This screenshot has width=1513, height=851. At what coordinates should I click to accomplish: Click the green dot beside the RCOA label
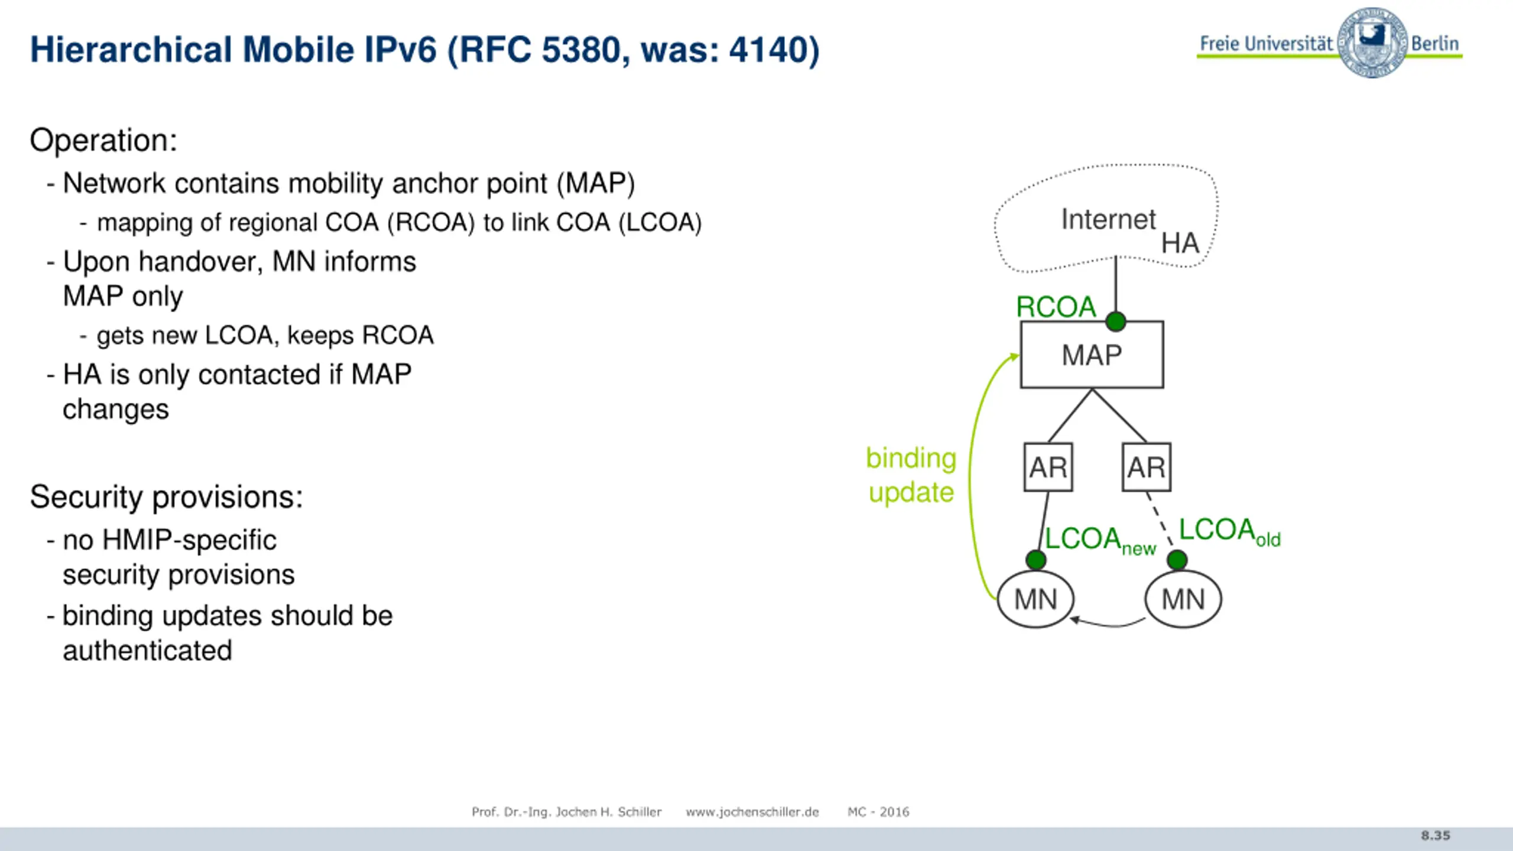coord(1116,321)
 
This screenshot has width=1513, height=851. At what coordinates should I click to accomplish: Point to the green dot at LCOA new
coord(1035,560)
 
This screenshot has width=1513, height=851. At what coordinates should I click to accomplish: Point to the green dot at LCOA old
coord(1177,560)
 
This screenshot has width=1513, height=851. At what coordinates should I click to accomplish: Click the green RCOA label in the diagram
coord(1056,307)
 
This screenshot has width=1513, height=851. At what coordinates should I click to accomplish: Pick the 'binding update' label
coord(911,475)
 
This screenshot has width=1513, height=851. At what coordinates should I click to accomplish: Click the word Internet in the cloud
coord(1108,219)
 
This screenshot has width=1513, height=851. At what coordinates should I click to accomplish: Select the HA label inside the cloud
coord(1180,243)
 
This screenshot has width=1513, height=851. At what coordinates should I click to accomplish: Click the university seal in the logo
coord(1372,43)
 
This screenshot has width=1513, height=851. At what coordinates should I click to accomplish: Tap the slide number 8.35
coord(1436,836)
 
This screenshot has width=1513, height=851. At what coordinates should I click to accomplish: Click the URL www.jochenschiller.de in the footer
coord(752,812)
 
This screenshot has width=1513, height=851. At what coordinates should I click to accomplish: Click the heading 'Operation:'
coord(103,141)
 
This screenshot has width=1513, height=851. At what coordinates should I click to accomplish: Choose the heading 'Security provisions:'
coord(166,496)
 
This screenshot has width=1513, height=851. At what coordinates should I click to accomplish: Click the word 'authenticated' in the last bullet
coord(147,651)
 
